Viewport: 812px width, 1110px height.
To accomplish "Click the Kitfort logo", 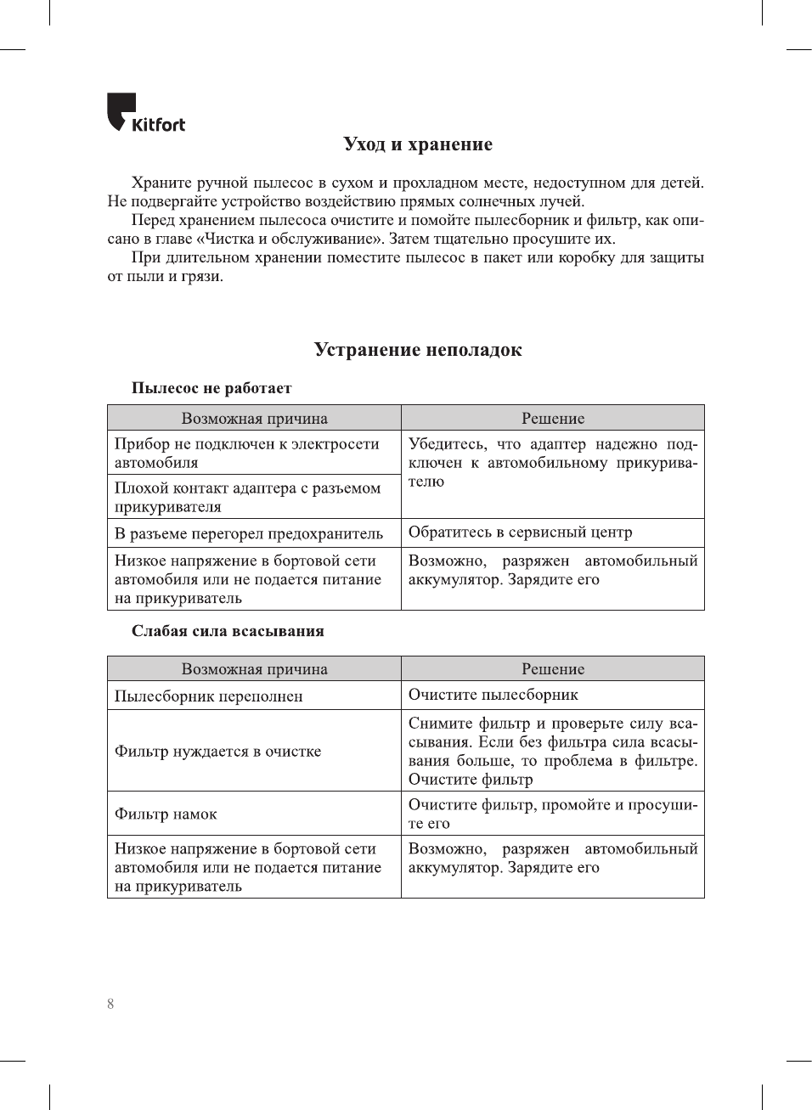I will [145, 114].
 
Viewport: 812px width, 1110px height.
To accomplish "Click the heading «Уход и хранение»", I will [418, 144].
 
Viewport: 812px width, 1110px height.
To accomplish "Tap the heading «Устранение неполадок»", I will [418, 350].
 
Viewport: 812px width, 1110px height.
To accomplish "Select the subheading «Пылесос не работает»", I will [211, 388].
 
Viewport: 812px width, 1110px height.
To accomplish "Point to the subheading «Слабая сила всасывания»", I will [228, 631].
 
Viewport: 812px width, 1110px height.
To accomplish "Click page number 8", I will [110, 1004].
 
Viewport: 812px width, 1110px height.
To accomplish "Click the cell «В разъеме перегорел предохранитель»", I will [249, 533].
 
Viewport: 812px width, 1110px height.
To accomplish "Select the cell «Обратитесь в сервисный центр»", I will [520, 532].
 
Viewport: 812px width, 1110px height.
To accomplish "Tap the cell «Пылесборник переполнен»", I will [209, 696].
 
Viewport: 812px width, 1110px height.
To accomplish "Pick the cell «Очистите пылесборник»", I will [493, 695].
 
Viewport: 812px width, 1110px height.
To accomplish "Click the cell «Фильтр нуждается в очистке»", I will [218, 752].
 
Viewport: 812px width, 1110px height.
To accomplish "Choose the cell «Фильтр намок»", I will [166, 814].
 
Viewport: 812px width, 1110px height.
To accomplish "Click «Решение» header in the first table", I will [553, 418].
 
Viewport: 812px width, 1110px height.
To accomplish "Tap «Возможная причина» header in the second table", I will [254, 669].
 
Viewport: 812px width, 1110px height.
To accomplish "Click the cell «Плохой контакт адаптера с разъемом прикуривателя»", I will [247, 498].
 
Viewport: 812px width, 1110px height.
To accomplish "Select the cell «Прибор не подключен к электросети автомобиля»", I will [246, 454].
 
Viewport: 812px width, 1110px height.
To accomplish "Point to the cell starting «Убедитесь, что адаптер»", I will [552, 463].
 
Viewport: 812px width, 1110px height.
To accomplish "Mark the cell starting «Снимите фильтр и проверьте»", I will [552, 752].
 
